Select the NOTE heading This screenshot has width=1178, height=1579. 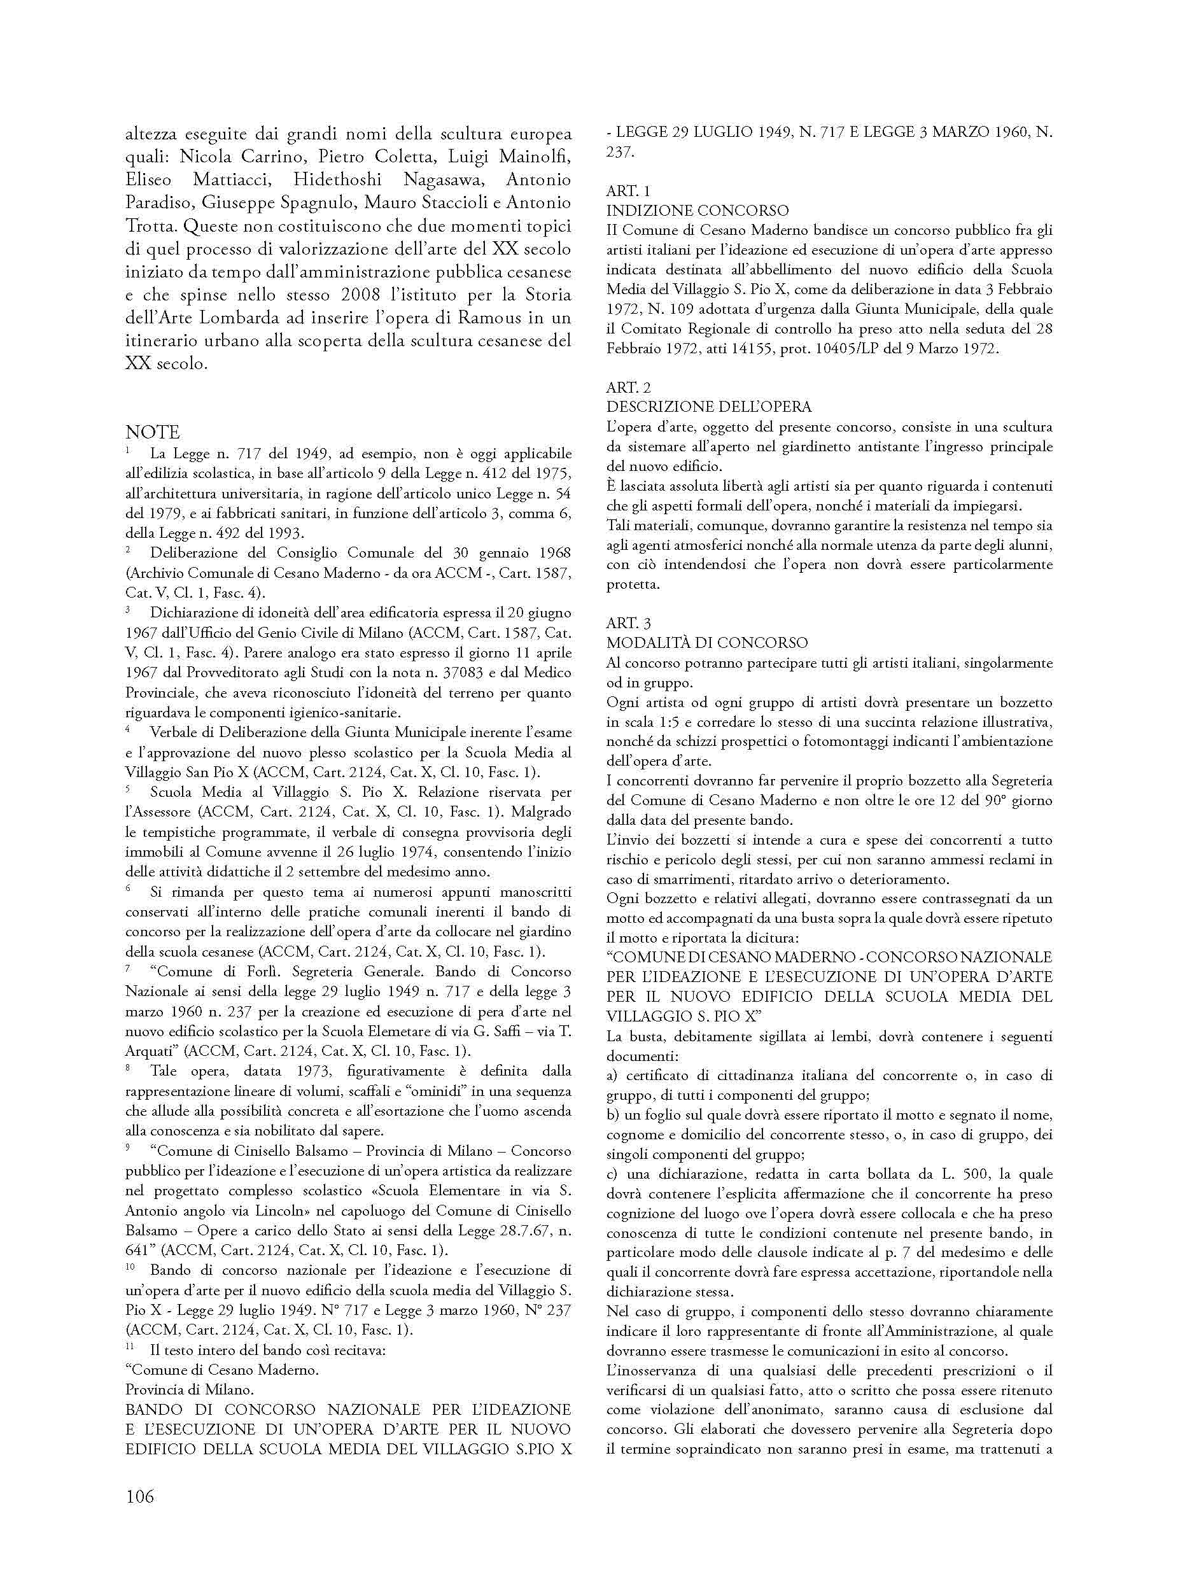(153, 433)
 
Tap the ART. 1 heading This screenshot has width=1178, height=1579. (628, 191)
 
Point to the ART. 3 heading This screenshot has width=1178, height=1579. (628, 622)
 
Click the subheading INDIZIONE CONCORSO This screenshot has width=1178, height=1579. (698, 211)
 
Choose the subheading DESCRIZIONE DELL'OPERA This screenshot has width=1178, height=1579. (709, 407)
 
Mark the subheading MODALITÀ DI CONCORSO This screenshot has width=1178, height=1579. (706, 643)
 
